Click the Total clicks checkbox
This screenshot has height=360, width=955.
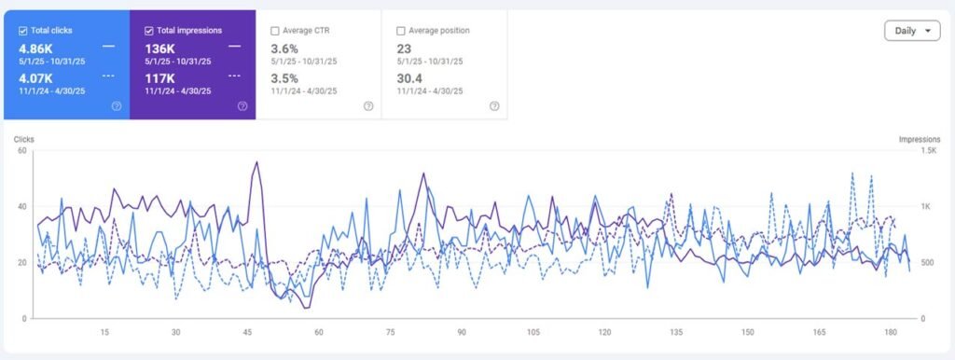(23, 31)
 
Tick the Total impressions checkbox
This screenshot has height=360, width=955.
(149, 31)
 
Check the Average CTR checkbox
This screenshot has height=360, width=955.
(275, 31)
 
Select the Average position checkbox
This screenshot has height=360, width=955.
(401, 31)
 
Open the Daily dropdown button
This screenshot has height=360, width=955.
(911, 31)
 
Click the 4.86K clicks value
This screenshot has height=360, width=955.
(36, 48)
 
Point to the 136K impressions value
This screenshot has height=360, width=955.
(160, 48)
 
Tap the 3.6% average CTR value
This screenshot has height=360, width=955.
(284, 48)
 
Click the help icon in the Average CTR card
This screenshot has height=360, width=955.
(368, 106)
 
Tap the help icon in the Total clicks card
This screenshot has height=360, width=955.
(117, 106)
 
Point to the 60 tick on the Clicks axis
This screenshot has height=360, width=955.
(21, 151)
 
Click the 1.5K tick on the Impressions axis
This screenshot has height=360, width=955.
(928, 151)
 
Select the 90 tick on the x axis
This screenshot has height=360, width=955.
(462, 332)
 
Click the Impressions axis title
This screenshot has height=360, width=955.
(919, 139)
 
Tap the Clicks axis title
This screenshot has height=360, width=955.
(24, 139)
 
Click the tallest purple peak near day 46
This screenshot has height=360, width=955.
(256, 162)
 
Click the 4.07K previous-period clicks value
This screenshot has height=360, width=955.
(36, 77)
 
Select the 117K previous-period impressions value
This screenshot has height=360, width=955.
(160, 77)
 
